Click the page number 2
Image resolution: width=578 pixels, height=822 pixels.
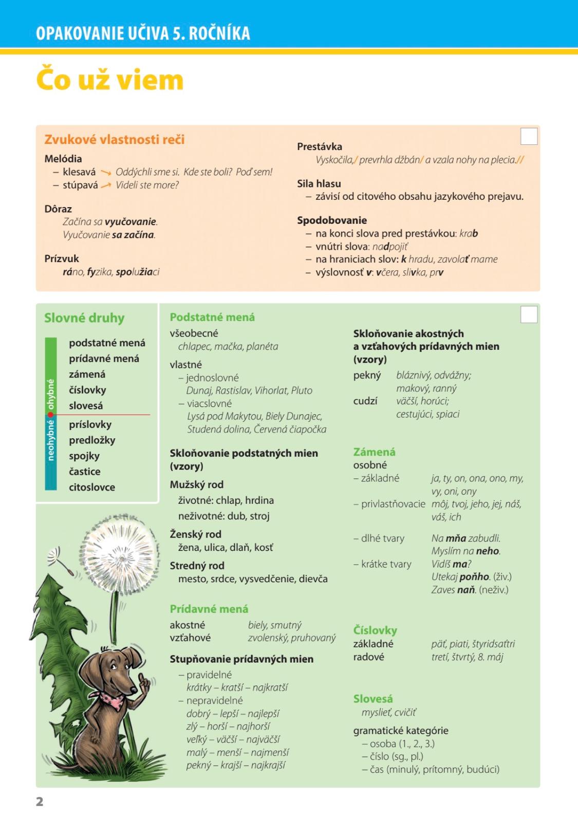pos(40,801)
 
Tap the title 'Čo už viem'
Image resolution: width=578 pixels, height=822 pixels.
pos(109,80)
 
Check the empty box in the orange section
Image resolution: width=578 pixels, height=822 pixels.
pos(529,137)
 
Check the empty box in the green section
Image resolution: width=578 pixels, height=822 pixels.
pos(529,314)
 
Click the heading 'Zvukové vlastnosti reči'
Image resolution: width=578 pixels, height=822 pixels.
pos(114,140)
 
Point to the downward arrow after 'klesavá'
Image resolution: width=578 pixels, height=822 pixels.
pos(106,173)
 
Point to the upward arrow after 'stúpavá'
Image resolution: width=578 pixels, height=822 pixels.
pos(106,185)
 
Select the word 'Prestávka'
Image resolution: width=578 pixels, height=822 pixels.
pos(319,147)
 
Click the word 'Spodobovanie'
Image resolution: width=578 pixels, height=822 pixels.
pos(331,220)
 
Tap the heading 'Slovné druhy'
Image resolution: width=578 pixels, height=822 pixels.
pos(84,318)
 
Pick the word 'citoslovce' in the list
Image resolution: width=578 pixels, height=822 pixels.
pos(92,487)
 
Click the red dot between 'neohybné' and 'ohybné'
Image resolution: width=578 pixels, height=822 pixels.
pos(51,415)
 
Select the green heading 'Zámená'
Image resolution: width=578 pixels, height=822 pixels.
pos(374,452)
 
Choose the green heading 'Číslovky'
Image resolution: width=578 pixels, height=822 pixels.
pos(375,630)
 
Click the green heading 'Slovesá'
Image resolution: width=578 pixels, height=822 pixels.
pos(373,699)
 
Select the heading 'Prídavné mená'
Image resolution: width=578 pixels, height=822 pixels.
pos(209,609)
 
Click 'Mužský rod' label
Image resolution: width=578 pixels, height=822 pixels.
pos(196,484)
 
